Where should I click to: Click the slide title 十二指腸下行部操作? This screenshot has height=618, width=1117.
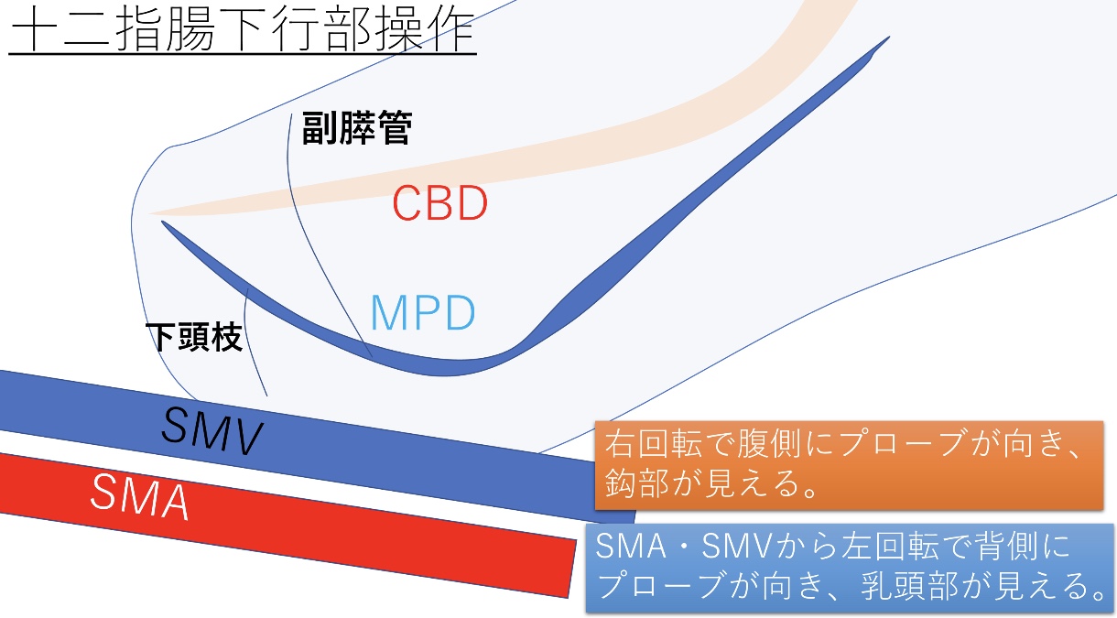pos(243,30)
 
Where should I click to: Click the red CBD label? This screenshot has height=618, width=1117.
pos(439,202)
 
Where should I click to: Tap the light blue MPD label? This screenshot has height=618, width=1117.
pos(423,312)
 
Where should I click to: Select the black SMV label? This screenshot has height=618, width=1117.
pos(211,431)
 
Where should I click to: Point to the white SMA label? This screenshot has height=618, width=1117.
pos(140,497)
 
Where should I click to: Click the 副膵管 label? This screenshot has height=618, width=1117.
pos(357,127)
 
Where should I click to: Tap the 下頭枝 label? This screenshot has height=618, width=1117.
pos(194,337)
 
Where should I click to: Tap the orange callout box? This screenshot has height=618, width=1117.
pos(849,465)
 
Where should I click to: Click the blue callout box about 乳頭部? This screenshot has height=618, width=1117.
pos(850,569)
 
